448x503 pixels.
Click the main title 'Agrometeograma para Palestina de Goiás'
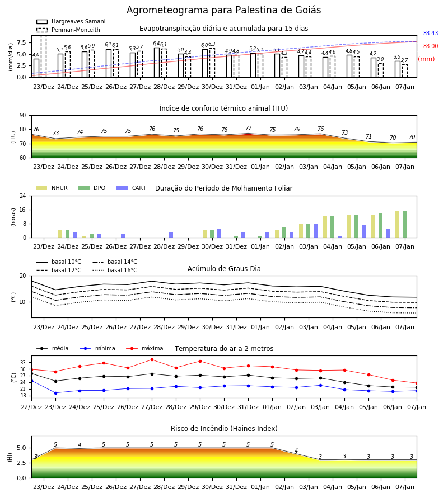tap(223, 10)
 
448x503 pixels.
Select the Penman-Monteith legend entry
tap(68, 30)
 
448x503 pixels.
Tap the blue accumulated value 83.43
tap(430, 33)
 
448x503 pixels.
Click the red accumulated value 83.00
tap(430, 46)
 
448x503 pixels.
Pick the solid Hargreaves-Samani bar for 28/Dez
tap(157, 63)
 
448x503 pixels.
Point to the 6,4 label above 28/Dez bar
tap(156, 44)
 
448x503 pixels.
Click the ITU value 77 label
tap(249, 128)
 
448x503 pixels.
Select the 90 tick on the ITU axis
tap(23, 116)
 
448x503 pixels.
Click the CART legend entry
tap(132, 188)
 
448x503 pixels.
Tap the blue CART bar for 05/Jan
tap(364, 231)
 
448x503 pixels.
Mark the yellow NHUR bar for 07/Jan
tap(397, 225)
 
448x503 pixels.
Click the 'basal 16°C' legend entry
tap(115, 270)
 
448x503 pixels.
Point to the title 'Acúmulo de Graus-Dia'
tap(224, 268)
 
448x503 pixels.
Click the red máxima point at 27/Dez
tap(152, 359)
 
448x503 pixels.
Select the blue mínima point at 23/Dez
tap(55, 393)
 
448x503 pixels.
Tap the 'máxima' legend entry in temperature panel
tap(144, 348)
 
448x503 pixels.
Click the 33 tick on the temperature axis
tap(23, 363)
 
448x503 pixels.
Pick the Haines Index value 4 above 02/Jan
tap(296, 450)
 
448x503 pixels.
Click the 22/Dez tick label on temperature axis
tap(31, 407)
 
